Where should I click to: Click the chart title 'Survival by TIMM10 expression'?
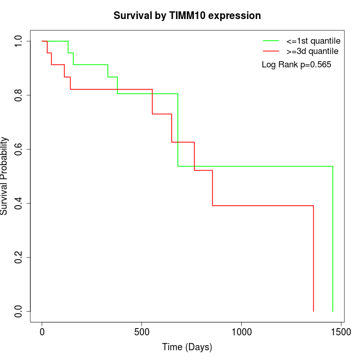[x=187, y=15]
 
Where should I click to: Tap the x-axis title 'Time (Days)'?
[x=187, y=347]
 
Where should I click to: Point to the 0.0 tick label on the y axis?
[x=19, y=311]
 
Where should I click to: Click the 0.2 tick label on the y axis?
[x=19, y=257]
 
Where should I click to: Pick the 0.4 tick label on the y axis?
[x=19, y=203]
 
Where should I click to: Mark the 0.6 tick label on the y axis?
[x=19, y=149]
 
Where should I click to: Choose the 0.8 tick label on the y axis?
[x=19, y=95]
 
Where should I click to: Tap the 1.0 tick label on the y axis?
[x=19, y=41]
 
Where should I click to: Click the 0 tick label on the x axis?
[x=42, y=333]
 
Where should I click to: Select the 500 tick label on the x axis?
[x=141, y=333]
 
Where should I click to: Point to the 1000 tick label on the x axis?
[x=241, y=333]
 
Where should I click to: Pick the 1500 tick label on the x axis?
[x=340, y=333]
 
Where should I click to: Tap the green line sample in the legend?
[x=271, y=41]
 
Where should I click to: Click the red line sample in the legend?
[x=271, y=51]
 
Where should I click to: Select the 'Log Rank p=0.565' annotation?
[x=296, y=65]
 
